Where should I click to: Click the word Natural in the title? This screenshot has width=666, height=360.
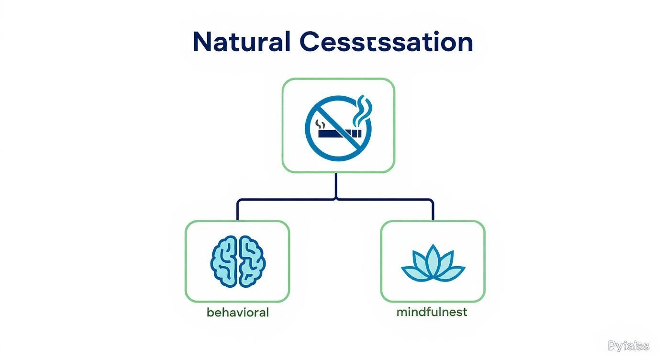click(241, 42)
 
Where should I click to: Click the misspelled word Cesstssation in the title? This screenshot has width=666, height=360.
click(386, 42)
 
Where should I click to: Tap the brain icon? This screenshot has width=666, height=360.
click(238, 261)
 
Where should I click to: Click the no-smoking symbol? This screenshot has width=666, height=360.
click(338, 126)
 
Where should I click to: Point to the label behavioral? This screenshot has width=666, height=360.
click(238, 313)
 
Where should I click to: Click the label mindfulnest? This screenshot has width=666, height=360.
click(432, 313)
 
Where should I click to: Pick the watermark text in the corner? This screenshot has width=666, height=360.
click(628, 346)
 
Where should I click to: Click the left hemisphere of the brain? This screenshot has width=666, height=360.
click(225, 261)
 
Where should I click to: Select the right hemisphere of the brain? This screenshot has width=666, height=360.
click(252, 261)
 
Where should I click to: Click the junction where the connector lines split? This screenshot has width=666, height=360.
click(336, 199)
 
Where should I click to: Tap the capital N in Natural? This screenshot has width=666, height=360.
click(202, 42)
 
